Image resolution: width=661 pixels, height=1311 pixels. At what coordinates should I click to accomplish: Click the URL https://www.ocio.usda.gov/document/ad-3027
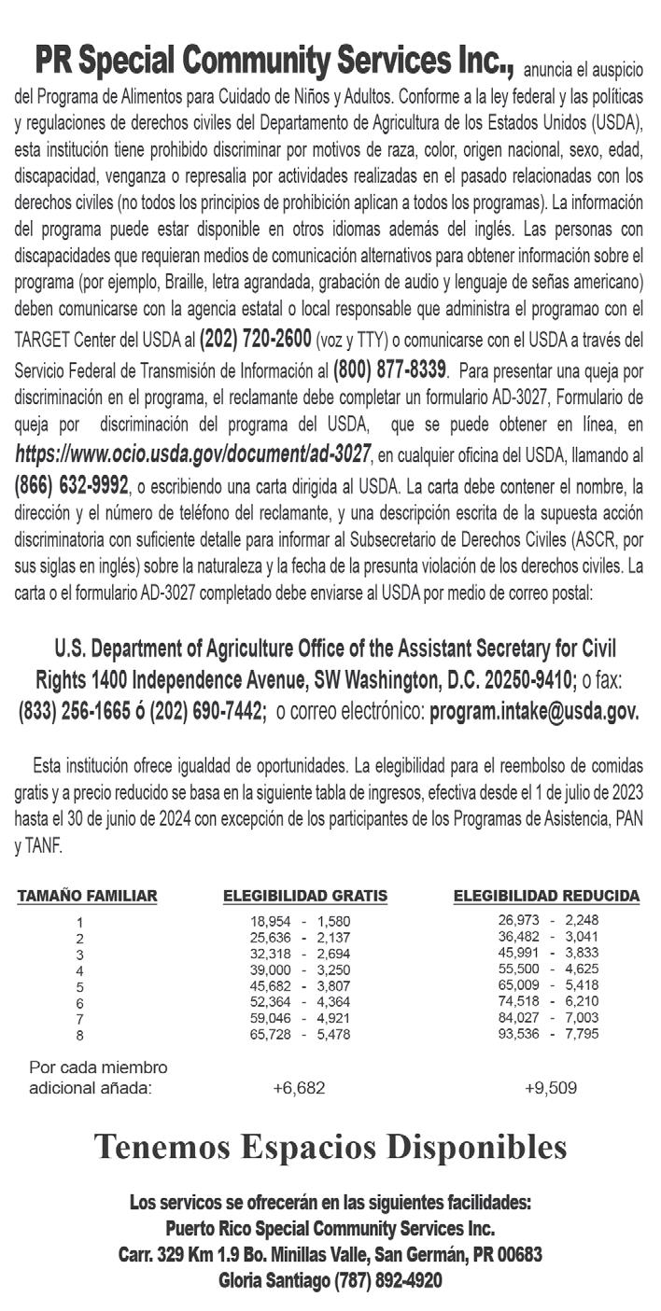(x=192, y=455)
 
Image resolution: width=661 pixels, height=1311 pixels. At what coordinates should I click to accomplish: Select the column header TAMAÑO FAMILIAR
(x=87, y=897)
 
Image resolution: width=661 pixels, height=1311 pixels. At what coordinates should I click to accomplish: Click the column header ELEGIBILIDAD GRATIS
(x=304, y=897)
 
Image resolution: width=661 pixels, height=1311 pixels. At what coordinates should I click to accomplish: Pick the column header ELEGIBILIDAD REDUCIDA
(x=546, y=897)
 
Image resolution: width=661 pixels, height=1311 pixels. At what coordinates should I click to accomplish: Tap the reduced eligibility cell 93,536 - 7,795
(x=548, y=1033)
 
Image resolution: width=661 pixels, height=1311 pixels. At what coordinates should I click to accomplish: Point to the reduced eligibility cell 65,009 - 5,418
(x=548, y=984)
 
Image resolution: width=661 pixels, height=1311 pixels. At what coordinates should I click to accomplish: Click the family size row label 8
(x=80, y=1034)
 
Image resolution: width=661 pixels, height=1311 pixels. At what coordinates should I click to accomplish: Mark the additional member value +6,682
(x=299, y=1088)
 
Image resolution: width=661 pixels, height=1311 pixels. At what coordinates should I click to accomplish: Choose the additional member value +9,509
(x=550, y=1088)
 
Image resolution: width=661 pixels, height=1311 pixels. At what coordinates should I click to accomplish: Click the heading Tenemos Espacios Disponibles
(x=330, y=1147)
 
